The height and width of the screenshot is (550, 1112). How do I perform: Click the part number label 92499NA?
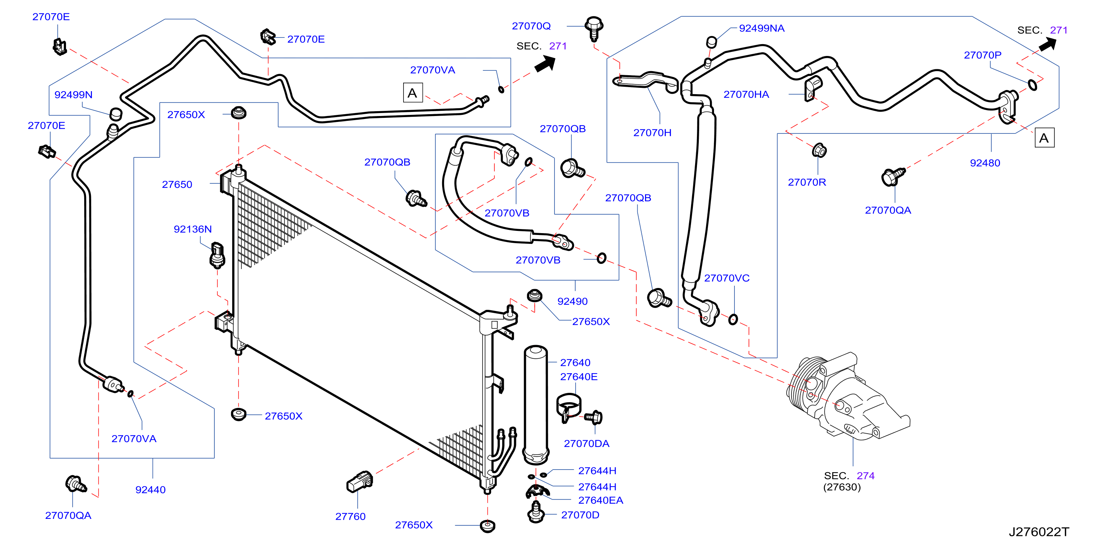click(761, 29)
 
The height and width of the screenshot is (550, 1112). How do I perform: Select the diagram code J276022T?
click(1039, 532)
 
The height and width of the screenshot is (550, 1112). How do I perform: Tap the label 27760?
click(350, 516)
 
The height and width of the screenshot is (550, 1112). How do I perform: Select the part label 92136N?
click(193, 229)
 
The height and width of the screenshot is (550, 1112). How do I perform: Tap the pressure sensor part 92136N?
click(217, 255)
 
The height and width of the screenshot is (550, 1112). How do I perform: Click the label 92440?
click(150, 490)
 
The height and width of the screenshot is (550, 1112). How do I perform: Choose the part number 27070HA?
click(746, 95)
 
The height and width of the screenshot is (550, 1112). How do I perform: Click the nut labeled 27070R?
click(819, 150)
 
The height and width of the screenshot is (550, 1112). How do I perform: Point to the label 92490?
click(572, 301)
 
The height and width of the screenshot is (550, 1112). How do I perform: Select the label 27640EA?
click(601, 500)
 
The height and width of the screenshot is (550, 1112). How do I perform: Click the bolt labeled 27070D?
click(536, 512)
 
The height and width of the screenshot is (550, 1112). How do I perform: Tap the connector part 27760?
click(359, 481)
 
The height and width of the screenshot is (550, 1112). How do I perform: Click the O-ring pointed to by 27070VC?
click(733, 319)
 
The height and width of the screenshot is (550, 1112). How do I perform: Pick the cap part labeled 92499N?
click(116, 114)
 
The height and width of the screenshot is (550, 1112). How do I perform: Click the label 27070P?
click(983, 55)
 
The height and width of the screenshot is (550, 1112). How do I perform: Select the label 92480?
click(985, 163)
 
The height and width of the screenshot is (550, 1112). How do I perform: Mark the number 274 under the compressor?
click(865, 476)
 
